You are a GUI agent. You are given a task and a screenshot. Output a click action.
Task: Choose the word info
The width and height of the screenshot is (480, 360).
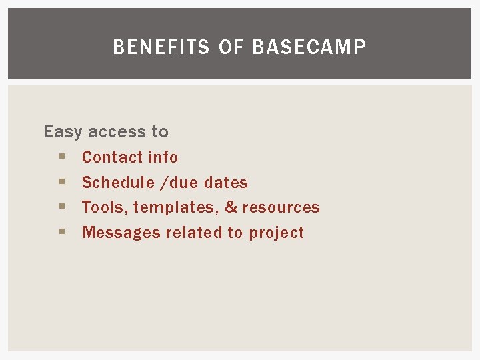pos(163,157)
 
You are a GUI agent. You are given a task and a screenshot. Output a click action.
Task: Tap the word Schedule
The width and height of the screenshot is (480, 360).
pos(118,183)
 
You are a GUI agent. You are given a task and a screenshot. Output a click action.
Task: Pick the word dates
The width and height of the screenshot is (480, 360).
pos(226,183)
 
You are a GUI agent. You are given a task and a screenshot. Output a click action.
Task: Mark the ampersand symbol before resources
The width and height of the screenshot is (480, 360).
pos(231,207)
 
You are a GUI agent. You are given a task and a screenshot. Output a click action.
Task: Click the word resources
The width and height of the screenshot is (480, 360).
pos(281,208)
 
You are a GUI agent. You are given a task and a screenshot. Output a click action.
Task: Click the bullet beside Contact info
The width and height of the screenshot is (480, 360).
pos(61,157)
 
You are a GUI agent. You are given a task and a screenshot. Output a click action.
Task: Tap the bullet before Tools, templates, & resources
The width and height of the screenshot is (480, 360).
pos(61,207)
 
